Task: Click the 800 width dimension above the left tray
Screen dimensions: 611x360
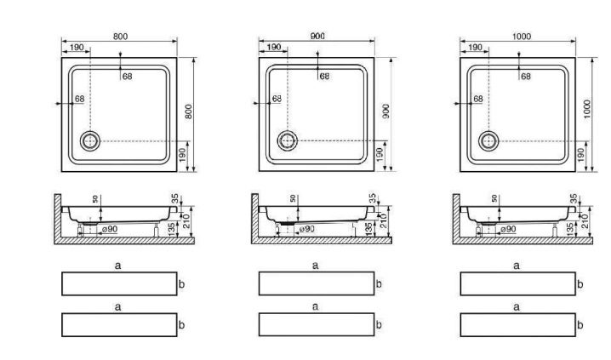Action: [x=120, y=37]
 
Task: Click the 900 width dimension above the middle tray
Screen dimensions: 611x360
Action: [x=317, y=37]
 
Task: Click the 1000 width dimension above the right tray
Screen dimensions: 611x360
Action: [x=522, y=37]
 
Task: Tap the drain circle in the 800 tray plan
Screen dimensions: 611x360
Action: [x=90, y=141]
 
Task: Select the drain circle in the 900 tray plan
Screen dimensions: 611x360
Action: [x=288, y=140]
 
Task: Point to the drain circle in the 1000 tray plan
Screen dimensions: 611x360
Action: [x=488, y=141]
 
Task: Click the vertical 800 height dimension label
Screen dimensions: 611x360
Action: [x=189, y=111]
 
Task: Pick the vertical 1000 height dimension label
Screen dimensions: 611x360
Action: [x=588, y=109]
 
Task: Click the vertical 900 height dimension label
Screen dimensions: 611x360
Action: [x=386, y=111]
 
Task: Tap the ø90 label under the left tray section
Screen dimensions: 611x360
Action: [x=110, y=229]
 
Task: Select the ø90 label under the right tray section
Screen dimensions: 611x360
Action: [x=508, y=229]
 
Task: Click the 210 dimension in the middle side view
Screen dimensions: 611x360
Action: [x=382, y=221]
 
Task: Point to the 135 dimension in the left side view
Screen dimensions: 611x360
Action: [x=172, y=230]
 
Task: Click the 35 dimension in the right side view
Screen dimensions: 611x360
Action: [x=574, y=198]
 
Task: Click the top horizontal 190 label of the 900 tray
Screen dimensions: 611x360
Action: [x=274, y=47]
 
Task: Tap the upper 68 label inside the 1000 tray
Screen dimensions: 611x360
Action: [x=526, y=77]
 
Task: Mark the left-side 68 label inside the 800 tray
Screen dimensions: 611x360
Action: [x=79, y=99]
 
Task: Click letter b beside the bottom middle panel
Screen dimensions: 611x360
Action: [x=379, y=325]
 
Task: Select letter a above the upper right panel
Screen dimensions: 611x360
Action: [x=517, y=266]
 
